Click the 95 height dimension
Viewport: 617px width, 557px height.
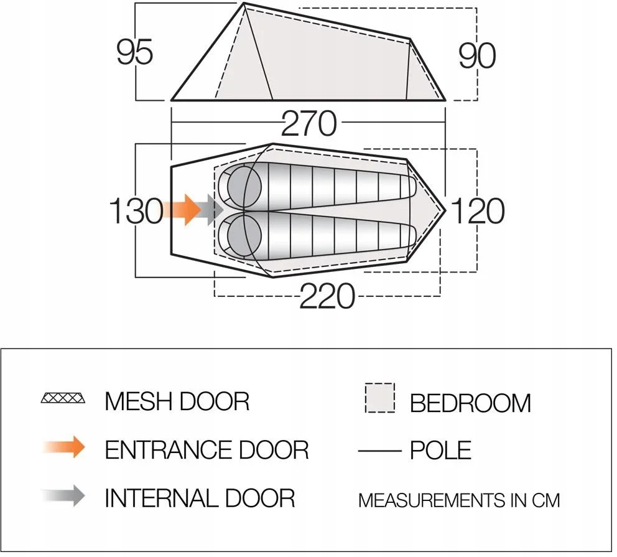point(134,52)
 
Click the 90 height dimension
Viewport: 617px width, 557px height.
point(477,56)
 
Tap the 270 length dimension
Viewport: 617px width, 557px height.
point(309,124)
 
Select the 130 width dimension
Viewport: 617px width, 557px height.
point(136,211)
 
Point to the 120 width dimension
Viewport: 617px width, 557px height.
point(477,211)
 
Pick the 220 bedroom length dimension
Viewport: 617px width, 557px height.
point(327,296)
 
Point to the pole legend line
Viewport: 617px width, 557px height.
point(380,451)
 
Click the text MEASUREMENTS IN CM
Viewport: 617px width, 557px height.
point(459,500)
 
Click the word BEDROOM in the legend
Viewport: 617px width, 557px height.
point(470,403)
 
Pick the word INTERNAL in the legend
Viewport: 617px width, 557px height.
point(160,497)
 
